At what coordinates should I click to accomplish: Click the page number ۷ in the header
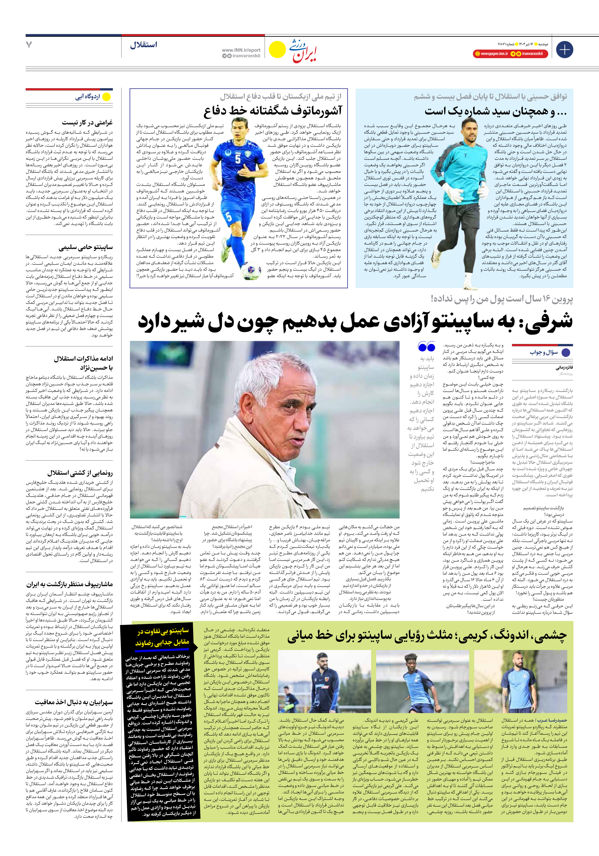coord(29,45)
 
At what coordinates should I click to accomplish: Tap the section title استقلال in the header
coord(144,45)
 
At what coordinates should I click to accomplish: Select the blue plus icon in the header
coord(564,50)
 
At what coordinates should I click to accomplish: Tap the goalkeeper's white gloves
coord(483,191)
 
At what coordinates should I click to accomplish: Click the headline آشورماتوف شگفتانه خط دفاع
coord(272,111)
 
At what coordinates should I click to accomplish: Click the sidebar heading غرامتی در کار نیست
coord(87,122)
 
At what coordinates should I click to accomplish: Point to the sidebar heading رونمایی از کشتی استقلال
coord(80,473)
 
